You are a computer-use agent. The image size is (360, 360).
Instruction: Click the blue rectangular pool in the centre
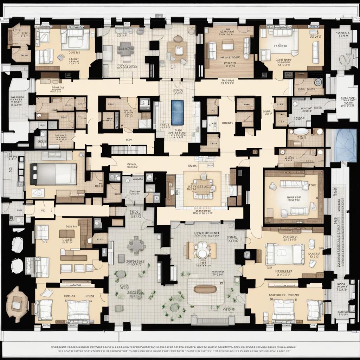click(177, 112)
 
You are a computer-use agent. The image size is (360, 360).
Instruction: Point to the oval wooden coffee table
click(205, 289)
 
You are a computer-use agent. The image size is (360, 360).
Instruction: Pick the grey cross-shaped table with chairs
click(137, 245)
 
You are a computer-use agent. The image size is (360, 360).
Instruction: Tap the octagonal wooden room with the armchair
click(17, 304)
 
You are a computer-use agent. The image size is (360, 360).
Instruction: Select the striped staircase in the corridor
click(129, 150)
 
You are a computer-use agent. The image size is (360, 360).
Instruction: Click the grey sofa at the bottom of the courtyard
click(213, 320)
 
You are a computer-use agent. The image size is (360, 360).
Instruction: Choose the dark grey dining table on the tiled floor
click(126, 49)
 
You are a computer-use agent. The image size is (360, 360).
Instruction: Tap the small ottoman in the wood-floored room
click(227, 45)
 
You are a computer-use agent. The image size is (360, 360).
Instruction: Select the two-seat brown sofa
click(67, 234)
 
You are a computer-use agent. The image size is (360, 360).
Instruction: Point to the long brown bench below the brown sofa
click(73, 258)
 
